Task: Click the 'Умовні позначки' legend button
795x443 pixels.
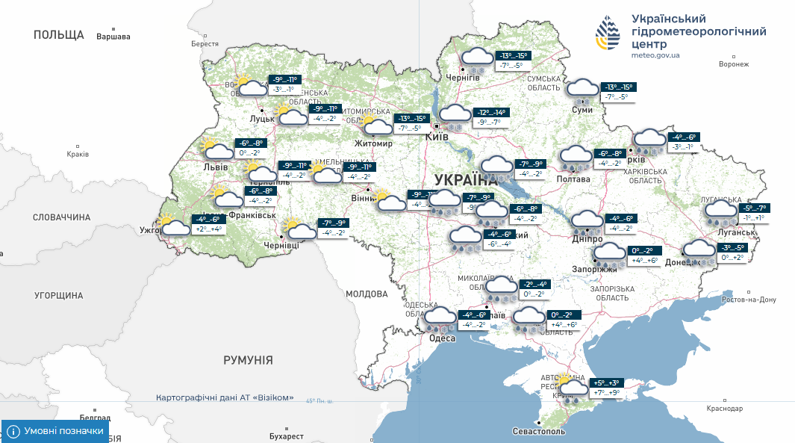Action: coord(55,431)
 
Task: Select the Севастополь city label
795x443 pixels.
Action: coord(539,432)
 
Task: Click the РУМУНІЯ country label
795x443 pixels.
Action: coord(248,360)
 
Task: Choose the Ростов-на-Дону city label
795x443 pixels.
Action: coord(749,300)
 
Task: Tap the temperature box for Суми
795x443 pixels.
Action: coord(616,92)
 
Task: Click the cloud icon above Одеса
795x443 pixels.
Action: coord(440,319)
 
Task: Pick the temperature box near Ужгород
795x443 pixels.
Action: coord(208,224)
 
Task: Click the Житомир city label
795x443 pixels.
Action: coord(373,143)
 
